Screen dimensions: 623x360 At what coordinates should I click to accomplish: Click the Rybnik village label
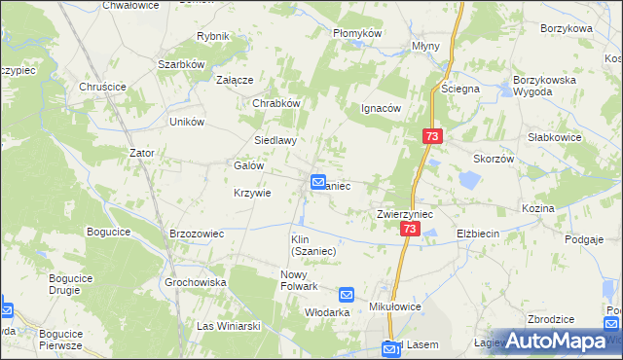coord(212,36)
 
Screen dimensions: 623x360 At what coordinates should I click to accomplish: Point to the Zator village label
coord(142,153)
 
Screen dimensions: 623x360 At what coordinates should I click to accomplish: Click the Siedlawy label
coord(275,140)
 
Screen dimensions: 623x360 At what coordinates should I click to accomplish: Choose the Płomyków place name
coord(357,32)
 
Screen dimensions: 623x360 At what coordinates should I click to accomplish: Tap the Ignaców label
coord(382,108)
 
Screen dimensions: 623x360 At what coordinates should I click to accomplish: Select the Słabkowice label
coord(555,137)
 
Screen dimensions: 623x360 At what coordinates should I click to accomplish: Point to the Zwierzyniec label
coord(405,213)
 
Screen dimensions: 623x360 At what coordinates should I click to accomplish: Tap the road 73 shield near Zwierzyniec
coord(410,229)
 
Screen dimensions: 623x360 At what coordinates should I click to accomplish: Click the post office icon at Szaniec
coord(318,182)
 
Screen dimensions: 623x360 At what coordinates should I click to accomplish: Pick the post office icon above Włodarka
coord(347,294)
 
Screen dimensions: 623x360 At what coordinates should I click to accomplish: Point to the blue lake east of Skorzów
coord(469,180)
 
